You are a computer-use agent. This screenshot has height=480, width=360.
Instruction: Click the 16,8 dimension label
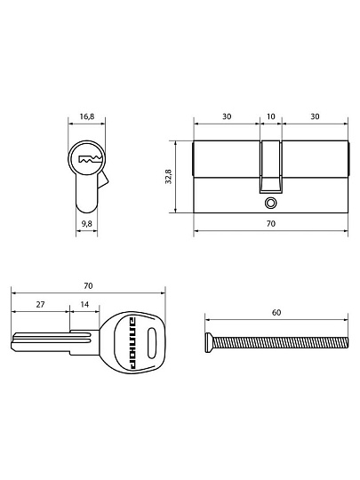coord(87,116)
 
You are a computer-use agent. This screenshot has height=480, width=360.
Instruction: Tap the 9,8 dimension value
coord(86,224)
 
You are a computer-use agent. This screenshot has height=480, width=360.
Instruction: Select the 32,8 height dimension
coord(168,177)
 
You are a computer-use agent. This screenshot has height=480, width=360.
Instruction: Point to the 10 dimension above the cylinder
coord(271,116)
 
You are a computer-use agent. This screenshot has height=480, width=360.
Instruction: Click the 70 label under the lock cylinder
coord(271,224)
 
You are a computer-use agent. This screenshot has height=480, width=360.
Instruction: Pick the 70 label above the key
coord(88,286)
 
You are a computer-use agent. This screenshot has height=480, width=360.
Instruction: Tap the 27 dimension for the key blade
coord(40,305)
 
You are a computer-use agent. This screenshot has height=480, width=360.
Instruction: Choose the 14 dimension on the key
coord(84,305)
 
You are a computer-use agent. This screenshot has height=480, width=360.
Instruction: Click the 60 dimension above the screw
coord(276,313)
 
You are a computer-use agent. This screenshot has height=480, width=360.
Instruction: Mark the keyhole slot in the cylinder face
coord(90,159)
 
